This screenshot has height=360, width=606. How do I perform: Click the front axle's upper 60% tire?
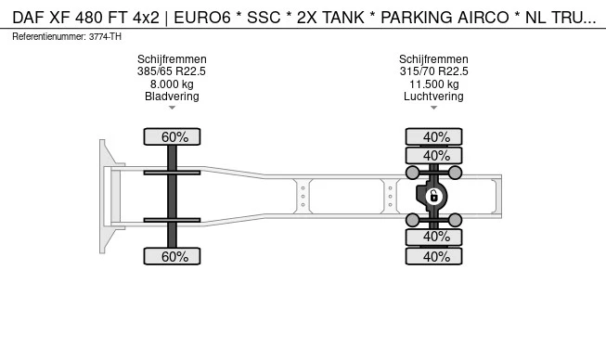click(x=172, y=136)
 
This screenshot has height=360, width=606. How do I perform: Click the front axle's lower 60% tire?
click(x=172, y=256)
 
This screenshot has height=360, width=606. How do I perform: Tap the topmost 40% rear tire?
click(x=433, y=136)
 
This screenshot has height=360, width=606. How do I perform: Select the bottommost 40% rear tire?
click(x=433, y=256)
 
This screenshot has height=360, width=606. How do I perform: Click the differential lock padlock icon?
click(x=433, y=196)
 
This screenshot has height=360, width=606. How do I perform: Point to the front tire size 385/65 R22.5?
click(x=172, y=71)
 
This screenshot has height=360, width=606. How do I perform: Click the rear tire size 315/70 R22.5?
click(x=433, y=71)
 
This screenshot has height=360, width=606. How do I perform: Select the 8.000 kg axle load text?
click(x=172, y=84)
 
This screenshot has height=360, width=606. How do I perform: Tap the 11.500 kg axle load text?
click(x=433, y=84)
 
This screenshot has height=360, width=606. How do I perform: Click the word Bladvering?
click(x=172, y=96)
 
